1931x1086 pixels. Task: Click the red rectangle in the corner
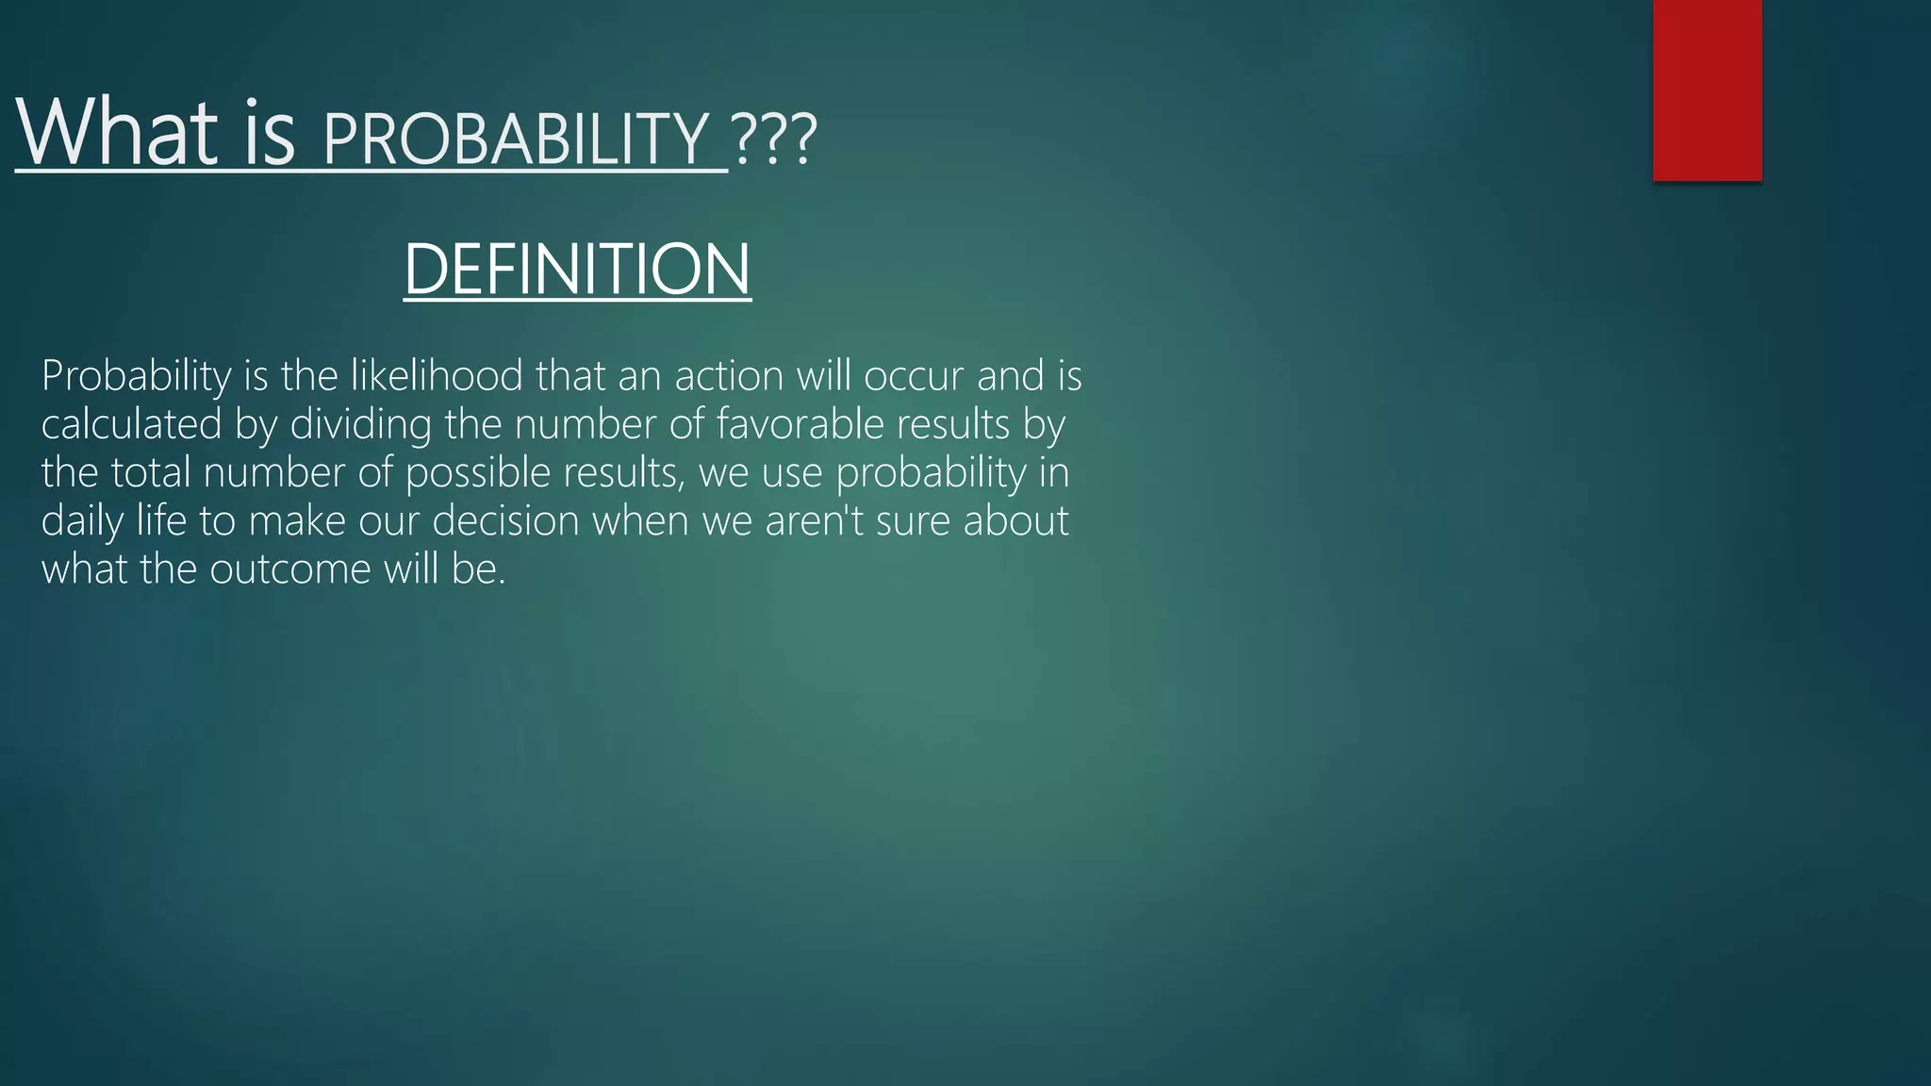tap(1707, 90)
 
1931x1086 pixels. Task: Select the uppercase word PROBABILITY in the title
tap(515, 139)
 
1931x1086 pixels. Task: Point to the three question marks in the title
tap(773, 140)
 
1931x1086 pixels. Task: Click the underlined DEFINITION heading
tap(577, 270)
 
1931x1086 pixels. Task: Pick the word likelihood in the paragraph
tap(437, 375)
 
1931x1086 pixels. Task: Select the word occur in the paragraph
tap(914, 375)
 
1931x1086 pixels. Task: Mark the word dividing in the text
tap(360, 424)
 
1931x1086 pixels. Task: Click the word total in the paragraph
tap(151, 472)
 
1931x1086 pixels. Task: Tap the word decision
tap(505, 521)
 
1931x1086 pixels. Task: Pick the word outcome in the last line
tap(290, 569)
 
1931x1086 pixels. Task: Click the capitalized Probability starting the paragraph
tap(136, 375)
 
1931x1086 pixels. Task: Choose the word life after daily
tap(161, 521)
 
